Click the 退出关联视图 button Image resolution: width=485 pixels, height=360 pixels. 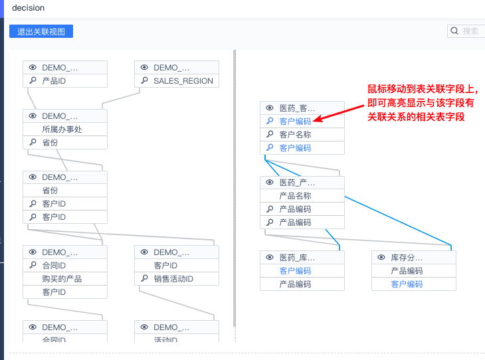41,31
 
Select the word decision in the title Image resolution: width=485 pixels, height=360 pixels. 29,8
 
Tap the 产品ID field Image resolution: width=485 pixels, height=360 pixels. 54,81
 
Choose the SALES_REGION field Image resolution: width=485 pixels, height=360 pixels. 183,81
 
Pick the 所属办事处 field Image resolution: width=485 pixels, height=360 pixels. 62,130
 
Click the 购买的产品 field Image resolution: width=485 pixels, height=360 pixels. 62,279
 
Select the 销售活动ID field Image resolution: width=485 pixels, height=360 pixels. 173,279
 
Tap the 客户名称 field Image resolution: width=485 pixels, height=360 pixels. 295,135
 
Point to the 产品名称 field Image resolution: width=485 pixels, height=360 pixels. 295,196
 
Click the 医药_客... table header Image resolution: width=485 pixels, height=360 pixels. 297,108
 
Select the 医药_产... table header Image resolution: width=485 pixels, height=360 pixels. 297,183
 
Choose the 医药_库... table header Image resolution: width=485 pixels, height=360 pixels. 297,258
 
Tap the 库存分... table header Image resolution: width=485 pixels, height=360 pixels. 407,258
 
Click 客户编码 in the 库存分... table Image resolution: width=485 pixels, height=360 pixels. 407,284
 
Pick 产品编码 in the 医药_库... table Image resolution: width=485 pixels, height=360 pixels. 295,284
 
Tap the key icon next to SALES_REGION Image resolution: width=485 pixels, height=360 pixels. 144,81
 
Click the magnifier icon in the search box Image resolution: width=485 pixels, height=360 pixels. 454,31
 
